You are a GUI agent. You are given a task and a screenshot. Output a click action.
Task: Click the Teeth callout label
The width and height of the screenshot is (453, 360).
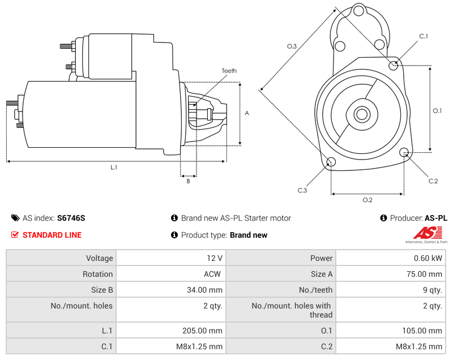229,71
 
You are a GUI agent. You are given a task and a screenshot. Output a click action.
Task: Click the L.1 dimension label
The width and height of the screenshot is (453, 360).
114,167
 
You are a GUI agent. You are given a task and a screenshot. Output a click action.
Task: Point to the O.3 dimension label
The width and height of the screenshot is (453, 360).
292,46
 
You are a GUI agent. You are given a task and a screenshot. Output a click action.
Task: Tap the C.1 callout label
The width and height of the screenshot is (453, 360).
423,36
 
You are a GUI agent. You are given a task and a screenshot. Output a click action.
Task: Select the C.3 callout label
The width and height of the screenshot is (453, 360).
302,190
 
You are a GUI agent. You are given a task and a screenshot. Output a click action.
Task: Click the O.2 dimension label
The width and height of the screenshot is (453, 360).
367,200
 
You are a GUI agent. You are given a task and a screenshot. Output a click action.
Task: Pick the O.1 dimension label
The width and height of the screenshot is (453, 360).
437,110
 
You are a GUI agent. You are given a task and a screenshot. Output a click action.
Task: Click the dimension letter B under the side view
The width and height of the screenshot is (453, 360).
189,181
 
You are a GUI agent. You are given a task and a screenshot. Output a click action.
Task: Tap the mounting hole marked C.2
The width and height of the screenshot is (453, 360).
404,152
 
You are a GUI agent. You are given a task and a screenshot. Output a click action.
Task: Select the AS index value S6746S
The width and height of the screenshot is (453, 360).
71,218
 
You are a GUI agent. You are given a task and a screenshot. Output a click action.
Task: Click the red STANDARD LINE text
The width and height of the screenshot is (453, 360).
52,235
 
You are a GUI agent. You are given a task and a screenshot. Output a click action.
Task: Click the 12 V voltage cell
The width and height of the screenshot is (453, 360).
215,258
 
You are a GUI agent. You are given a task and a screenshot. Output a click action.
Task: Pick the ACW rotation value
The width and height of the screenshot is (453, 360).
213,274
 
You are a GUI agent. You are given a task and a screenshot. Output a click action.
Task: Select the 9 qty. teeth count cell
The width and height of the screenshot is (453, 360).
431,290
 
